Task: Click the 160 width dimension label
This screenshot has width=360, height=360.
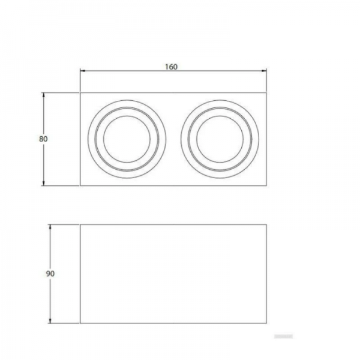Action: [x=171, y=67]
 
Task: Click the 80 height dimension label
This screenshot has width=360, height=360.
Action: [x=43, y=139]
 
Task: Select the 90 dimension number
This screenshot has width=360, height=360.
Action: [x=50, y=274]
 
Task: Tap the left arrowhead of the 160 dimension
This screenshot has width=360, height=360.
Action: [x=82, y=71]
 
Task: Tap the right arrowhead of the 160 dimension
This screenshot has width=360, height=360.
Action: [x=264, y=71]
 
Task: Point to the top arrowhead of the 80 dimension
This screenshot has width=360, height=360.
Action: [x=43, y=95]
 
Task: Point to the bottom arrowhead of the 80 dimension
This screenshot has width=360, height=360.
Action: [x=43, y=183]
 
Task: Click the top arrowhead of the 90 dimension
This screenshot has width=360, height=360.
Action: [x=50, y=227]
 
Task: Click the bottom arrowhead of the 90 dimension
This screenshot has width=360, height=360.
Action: [x=50, y=320]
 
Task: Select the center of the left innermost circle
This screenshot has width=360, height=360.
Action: [x=127, y=139]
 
